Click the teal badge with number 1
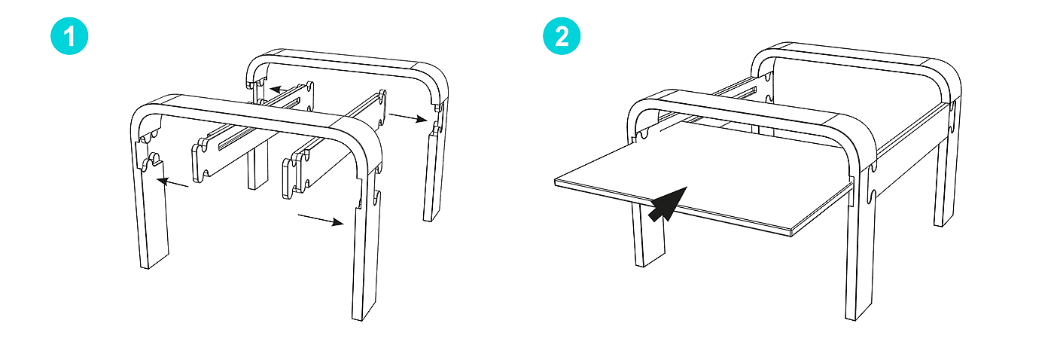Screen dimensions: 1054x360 pos(69,36)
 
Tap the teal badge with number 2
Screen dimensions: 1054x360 pos(562,36)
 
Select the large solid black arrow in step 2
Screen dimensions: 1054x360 pos(667,204)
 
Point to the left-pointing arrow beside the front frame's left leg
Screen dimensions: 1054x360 pos(172,183)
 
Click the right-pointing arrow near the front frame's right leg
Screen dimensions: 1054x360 pos(321,219)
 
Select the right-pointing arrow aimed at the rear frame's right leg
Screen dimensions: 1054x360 pos(408,117)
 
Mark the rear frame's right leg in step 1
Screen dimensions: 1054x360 pos(433,174)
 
